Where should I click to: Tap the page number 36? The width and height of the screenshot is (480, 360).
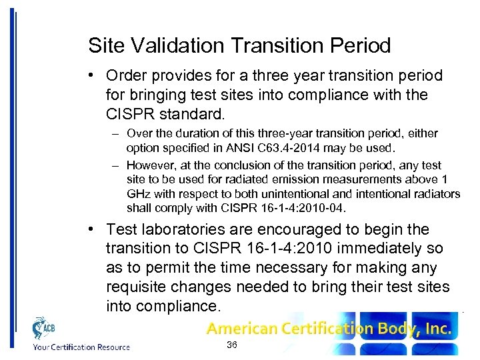[x=232, y=345]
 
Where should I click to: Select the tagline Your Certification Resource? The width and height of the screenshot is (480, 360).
[x=81, y=346]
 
